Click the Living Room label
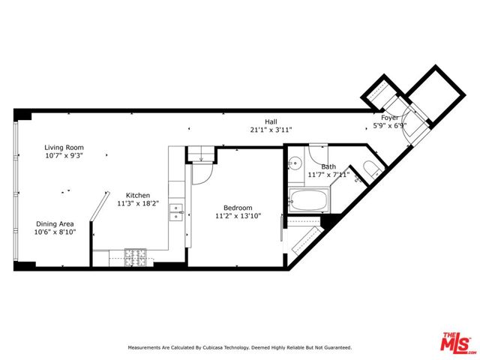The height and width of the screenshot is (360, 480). click(64, 148)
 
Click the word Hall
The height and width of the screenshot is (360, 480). click(270, 121)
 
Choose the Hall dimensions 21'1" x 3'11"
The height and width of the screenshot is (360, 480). click(270, 130)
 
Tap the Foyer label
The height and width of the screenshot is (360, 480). click(390, 117)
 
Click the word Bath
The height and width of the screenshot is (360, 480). click(328, 166)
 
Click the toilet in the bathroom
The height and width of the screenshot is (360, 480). click(369, 168)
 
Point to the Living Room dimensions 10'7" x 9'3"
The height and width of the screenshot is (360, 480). click(64, 156)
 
